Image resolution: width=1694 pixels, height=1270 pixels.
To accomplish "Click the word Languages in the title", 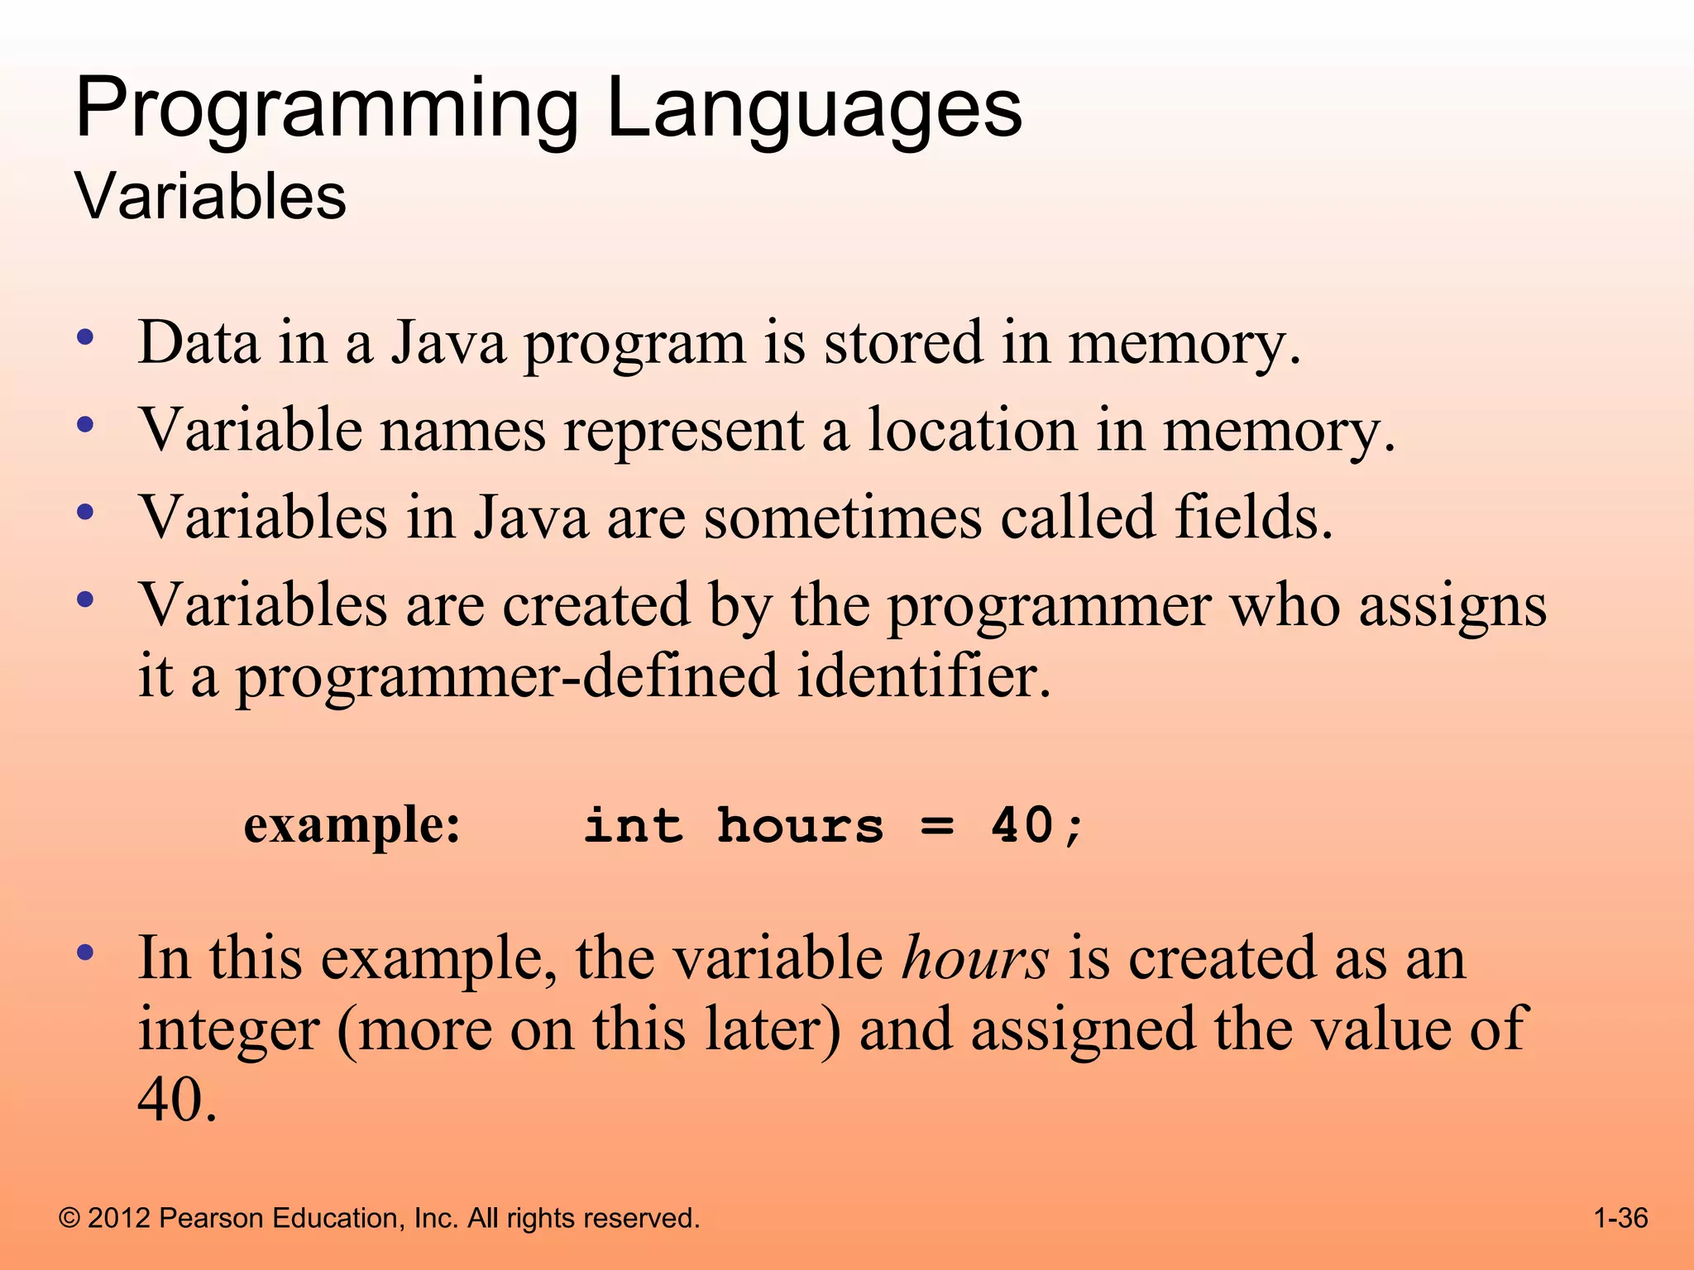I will pyautogui.click(x=814, y=109).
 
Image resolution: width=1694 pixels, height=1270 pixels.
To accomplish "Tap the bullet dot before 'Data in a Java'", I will pyautogui.click(x=84, y=337).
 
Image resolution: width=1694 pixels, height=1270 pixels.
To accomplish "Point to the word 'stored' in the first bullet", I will pyautogui.click(x=902, y=342).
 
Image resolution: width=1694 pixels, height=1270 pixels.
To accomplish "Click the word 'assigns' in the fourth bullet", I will pyautogui.click(x=1452, y=605).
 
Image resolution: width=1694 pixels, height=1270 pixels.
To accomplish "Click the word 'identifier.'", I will pyautogui.click(x=924, y=676).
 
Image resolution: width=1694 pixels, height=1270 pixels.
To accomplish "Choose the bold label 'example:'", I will pyautogui.click(x=352, y=825).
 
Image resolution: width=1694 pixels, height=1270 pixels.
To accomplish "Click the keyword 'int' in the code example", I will pyautogui.click(x=634, y=825).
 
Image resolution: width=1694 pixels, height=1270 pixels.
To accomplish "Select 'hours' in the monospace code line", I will pyautogui.click(x=800, y=825).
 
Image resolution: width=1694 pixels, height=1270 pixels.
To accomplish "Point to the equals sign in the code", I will pyautogui.click(x=937, y=825).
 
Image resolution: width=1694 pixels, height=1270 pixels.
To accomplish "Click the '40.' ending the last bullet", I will pyautogui.click(x=177, y=1100).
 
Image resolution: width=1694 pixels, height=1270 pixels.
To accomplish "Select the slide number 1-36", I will pyautogui.click(x=1620, y=1218).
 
